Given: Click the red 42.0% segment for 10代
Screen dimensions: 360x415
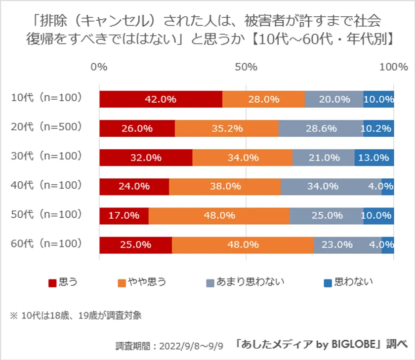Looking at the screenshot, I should [161, 99].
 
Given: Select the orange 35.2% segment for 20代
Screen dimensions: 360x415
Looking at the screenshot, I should [226, 128].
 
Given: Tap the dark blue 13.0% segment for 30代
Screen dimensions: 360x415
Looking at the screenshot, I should [374, 158].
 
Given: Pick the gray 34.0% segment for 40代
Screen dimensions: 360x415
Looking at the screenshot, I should [331, 187].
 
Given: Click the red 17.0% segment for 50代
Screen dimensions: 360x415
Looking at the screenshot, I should [124, 216].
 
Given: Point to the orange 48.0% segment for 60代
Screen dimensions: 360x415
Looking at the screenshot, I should [243, 245].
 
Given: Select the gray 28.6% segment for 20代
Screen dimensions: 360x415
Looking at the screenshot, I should [321, 128].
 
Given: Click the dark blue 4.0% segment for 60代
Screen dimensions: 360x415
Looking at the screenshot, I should [388, 245].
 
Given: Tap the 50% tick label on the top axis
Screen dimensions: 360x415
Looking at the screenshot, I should [247, 67].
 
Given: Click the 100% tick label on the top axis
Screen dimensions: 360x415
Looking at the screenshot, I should [393, 67].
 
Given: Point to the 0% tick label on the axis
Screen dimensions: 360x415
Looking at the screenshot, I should [99, 67].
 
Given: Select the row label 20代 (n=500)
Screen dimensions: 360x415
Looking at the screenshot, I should [46, 127].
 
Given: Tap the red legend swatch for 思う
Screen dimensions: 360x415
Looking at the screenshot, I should [52, 282].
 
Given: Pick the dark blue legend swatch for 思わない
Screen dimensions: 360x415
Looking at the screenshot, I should [328, 282].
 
